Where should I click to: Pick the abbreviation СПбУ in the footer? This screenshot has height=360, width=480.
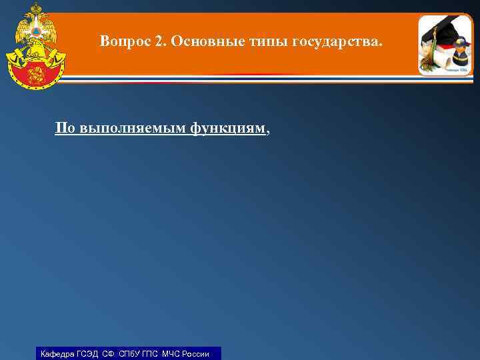pos(130,354)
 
